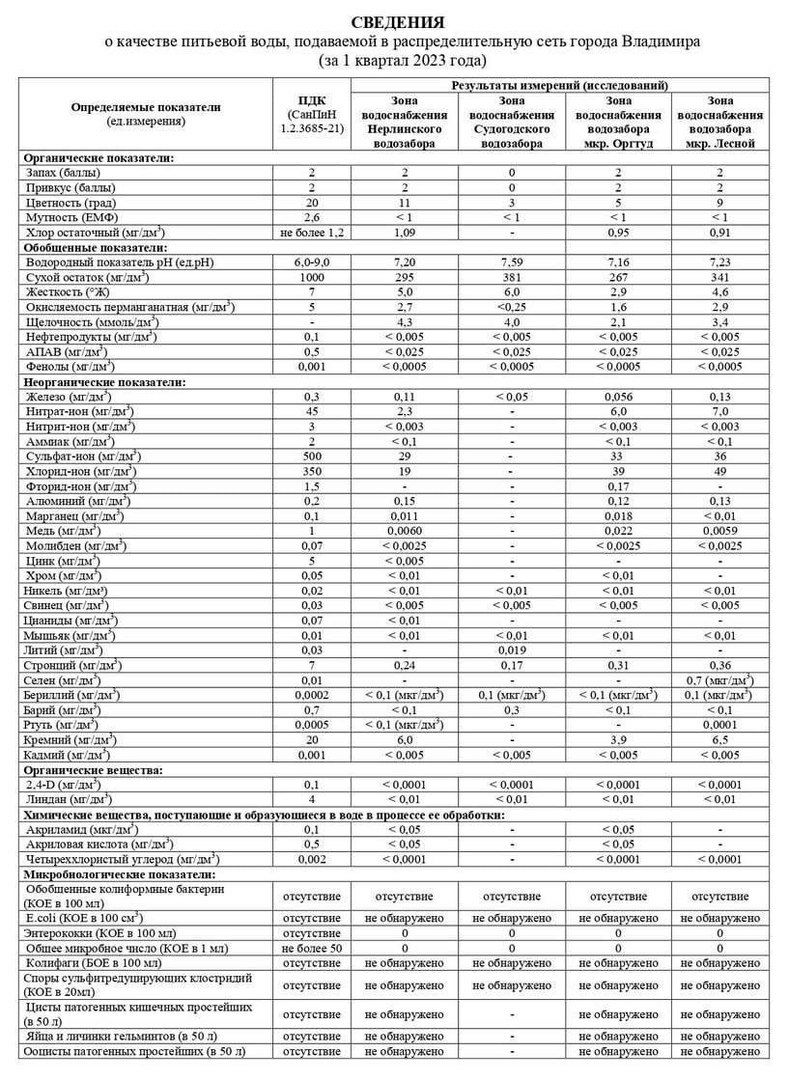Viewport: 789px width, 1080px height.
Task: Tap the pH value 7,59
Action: click(x=511, y=260)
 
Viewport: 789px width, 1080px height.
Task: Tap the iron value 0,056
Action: click(x=617, y=397)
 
